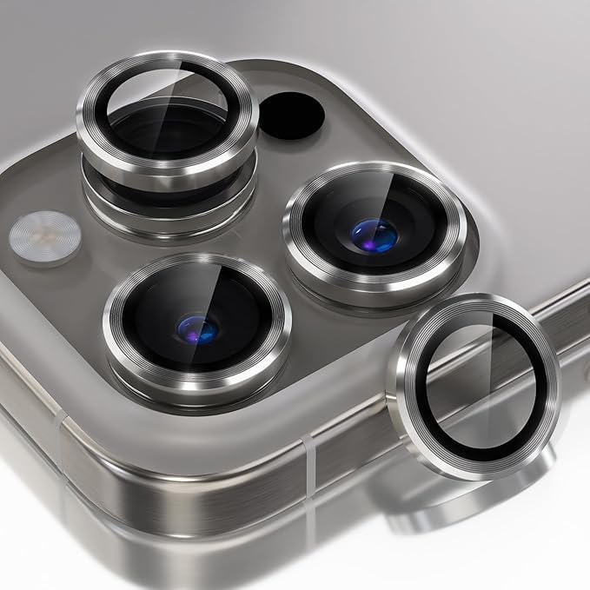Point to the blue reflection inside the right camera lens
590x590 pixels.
pyautogui.click(x=375, y=235)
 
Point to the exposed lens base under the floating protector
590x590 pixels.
pyautogui.click(x=165, y=209)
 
